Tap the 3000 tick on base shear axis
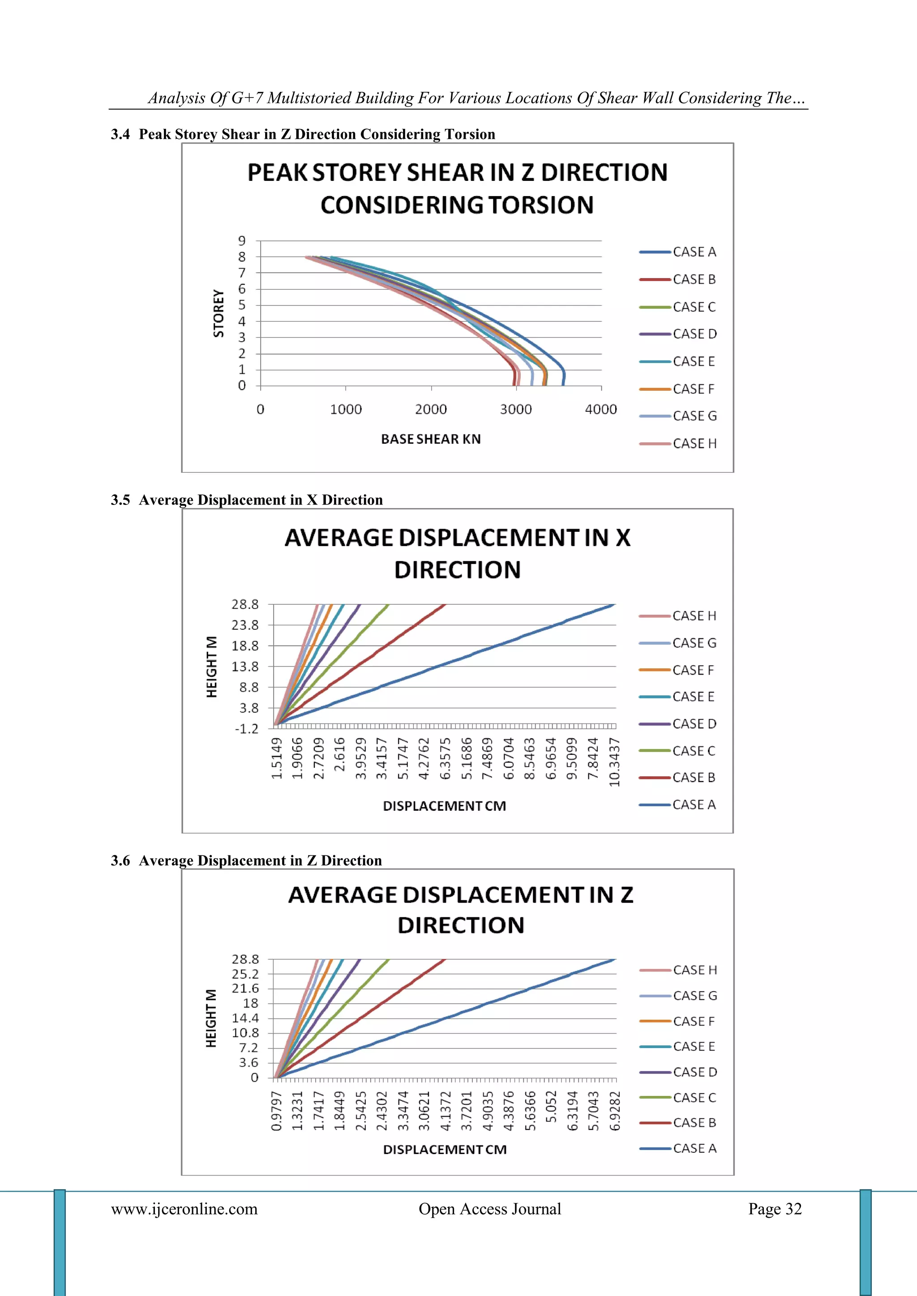(515, 409)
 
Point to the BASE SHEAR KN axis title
(431, 439)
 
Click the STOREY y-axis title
(218, 313)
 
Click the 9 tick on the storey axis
(242, 241)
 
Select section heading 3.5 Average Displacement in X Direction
(247, 500)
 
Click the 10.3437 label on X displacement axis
(615, 761)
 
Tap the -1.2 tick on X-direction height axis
(247, 729)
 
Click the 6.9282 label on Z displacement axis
(615, 1111)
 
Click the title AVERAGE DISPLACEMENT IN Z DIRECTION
(461, 910)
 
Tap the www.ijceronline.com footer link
(184, 1209)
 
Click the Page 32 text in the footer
(775, 1209)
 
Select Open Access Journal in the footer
(489, 1209)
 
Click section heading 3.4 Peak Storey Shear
(303, 134)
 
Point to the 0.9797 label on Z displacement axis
(276, 1111)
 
